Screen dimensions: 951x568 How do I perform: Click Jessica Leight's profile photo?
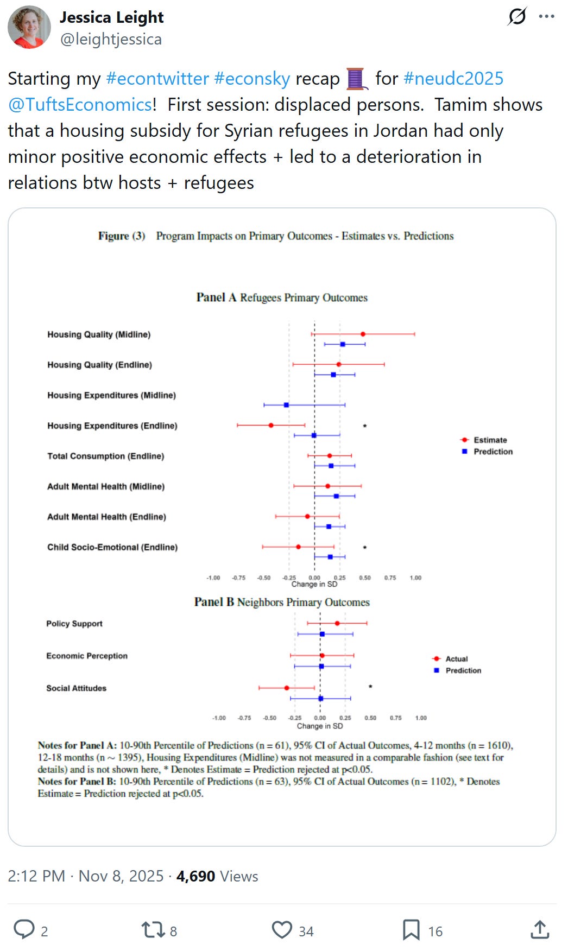tap(29, 27)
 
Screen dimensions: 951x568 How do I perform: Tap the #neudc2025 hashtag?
tap(453, 78)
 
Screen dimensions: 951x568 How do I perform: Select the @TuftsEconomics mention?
tap(80, 104)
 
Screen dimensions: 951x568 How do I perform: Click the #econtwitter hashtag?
tap(157, 78)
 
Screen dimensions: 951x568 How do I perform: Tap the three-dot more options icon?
tap(546, 16)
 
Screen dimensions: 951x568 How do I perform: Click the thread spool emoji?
tap(356, 79)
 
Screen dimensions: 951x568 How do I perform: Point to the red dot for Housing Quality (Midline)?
tap(363, 334)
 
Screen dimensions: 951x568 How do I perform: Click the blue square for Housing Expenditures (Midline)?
tap(286, 405)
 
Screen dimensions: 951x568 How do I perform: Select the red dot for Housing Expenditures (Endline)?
tap(271, 426)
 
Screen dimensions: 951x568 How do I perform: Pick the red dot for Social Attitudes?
tap(287, 688)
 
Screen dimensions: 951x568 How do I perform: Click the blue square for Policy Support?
tap(322, 634)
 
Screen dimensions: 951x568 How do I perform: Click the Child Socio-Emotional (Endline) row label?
tap(112, 547)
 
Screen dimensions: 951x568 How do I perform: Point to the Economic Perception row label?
tap(87, 656)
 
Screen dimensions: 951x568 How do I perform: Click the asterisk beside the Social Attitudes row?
tap(370, 687)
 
